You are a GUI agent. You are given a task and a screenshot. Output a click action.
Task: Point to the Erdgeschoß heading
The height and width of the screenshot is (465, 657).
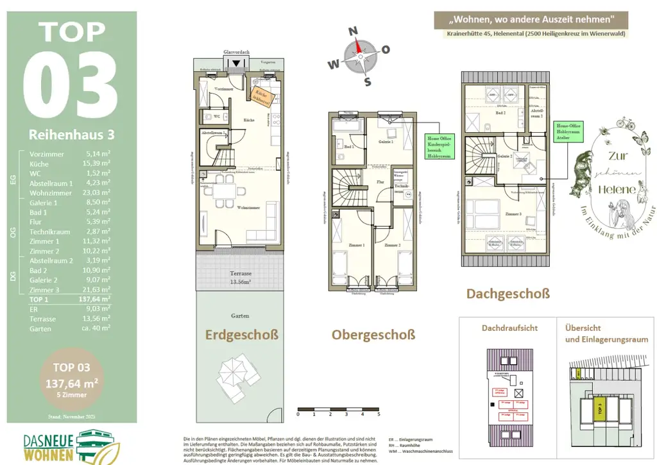pos(241,334)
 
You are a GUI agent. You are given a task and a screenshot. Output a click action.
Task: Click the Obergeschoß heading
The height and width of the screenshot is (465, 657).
pos(373,335)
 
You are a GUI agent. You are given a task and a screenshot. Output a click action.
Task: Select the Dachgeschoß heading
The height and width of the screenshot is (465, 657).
pos(508,294)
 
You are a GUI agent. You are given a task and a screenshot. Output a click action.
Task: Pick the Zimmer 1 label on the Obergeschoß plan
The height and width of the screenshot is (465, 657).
pos(355,245)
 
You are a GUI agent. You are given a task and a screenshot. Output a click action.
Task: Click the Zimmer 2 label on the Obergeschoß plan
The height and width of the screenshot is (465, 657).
pos(393,245)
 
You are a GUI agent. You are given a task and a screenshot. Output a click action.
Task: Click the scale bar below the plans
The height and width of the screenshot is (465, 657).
pos(339,408)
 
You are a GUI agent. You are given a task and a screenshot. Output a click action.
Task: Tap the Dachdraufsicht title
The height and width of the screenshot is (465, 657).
pos(509,328)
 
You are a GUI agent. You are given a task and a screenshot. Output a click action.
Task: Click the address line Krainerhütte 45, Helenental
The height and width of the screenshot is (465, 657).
pos(534,33)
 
